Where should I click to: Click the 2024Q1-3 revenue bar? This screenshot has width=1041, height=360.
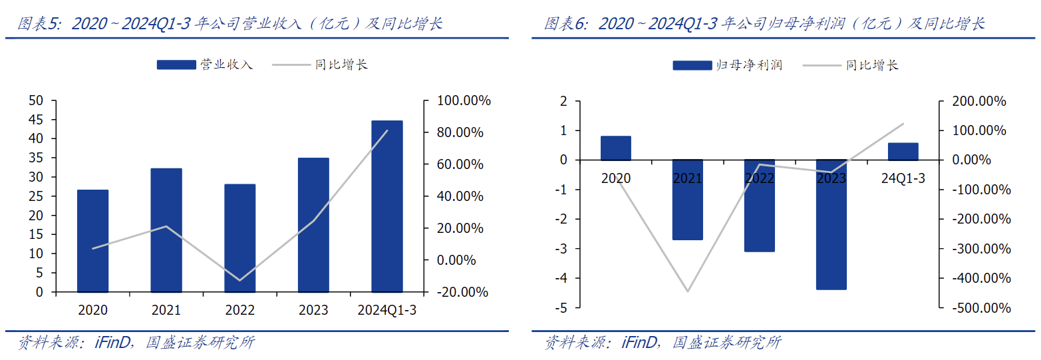coord(386,206)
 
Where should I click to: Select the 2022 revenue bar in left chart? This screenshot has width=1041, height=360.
coord(239,238)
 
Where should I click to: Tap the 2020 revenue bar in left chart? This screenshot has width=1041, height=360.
coord(92,240)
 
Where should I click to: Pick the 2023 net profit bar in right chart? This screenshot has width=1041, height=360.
coord(831,224)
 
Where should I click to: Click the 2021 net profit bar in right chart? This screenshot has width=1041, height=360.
coord(687,200)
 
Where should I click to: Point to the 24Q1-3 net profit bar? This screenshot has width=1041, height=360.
coord(903,151)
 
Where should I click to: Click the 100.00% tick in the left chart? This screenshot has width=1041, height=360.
coord(464,101)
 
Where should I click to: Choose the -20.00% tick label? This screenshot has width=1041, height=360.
coord(464,292)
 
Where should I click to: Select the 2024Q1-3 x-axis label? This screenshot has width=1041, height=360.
coord(386,310)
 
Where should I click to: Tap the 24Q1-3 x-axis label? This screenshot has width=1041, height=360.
coord(903,178)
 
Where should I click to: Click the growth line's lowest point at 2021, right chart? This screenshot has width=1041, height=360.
coord(687,291)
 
